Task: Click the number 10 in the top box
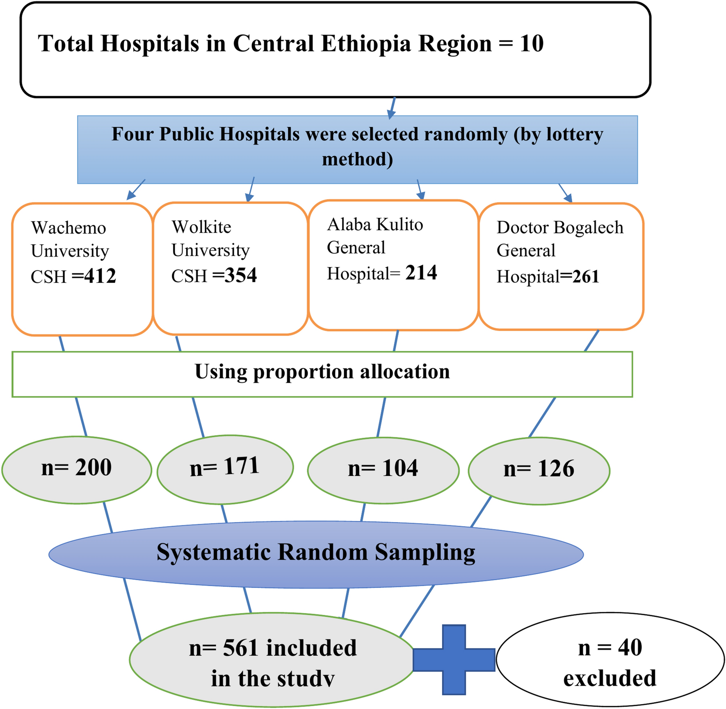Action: click(x=532, y=43)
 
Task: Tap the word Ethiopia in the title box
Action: click(x=365, y=43)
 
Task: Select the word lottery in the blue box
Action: click(x=574, y=134)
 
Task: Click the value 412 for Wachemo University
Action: click(x=100, y=276)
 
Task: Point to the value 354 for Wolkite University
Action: click(x=240, y=275)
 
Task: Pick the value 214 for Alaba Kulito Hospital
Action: click(x=421, y=273)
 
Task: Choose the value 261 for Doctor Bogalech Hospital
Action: click(x=586, y=277)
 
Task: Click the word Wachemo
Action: click(x=68, y=228)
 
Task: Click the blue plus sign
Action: click(x=454, y=660)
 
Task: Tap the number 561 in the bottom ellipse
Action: click(x=240, y=648)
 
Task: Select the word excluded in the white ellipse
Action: click(x=610, y=678)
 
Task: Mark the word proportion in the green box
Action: click(x=303, y=372)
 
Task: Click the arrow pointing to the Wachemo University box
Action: click(x=135, y=190)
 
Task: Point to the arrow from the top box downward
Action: click(x=392, y=109)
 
